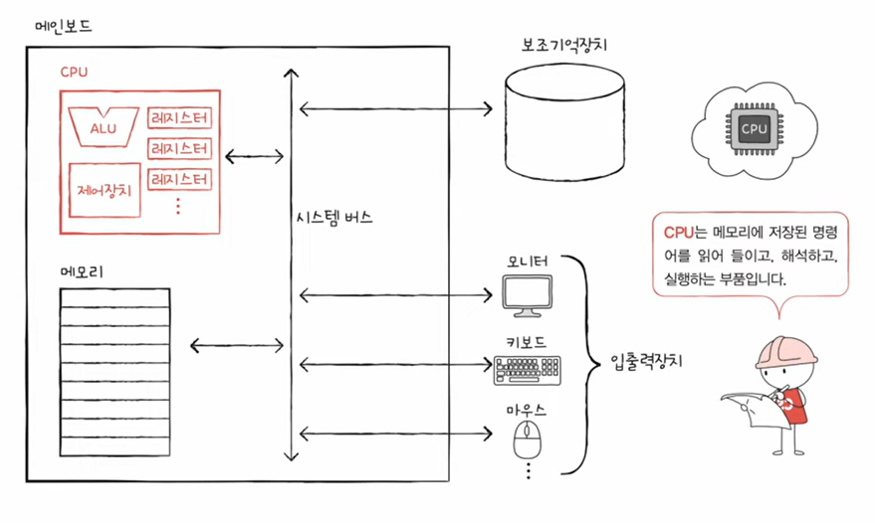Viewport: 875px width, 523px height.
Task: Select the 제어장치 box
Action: click(103, 188)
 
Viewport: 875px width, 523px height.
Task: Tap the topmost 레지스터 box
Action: click(179, 118)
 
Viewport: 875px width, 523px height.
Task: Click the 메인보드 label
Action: click(62, 27)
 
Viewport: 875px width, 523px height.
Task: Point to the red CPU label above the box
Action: click(76, 73)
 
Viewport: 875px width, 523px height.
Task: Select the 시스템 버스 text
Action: click(334, 218)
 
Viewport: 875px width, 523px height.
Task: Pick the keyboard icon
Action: click(528, 370)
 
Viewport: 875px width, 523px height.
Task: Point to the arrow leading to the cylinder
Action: click(396, 105)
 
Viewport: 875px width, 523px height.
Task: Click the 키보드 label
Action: click(527, 341)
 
